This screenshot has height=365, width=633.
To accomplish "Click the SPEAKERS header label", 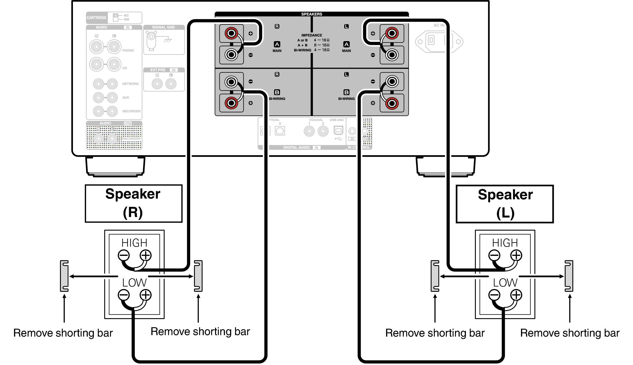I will coord(311,14).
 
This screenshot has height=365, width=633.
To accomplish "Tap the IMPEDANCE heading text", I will coord(311,35).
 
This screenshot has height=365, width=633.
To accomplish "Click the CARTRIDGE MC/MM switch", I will coord(116,17).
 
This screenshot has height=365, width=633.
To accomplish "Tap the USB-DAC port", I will coord(338,131).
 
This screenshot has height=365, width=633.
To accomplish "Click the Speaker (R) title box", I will coord(133,204).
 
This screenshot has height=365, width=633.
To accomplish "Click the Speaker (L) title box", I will coord(505,204).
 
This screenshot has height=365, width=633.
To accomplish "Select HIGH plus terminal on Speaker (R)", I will coord(145,255).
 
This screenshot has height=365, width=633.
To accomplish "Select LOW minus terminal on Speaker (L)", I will coord(494,295).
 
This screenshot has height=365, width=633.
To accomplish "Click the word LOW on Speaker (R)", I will coord(134,283).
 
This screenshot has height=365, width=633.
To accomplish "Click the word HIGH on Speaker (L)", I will coord(505,243).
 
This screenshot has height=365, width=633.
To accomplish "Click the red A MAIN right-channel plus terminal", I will coord(231,33).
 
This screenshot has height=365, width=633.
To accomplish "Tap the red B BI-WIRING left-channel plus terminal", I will coord(392,103).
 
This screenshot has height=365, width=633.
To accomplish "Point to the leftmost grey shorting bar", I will coord(64,276).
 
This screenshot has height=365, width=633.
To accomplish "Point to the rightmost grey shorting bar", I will coord(569,276).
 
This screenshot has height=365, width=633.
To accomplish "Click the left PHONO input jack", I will coord(97,47).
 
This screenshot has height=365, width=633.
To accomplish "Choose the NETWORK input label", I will coord(130,84).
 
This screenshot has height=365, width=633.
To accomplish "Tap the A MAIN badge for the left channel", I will coord(346,45).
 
